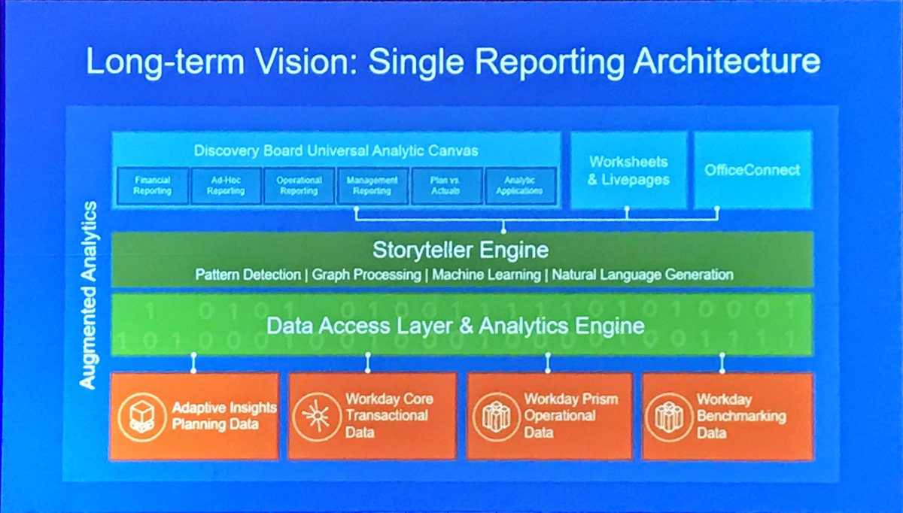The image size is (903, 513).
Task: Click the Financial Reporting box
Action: pos(152,186)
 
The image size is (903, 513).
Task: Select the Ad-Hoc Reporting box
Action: pos(226,186)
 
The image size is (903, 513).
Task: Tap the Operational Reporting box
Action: pos(299,186)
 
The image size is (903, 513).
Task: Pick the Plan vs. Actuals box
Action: pos(446,186)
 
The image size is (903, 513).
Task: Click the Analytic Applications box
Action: pos(519,186)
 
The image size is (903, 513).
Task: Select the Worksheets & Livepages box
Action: pos(628,171)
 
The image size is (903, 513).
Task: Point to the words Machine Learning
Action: pos(491,275)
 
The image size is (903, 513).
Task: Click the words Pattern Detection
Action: pos(248,275)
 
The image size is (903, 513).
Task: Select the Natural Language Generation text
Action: pos(643,275)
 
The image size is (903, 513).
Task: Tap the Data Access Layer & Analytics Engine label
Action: pos(456,326)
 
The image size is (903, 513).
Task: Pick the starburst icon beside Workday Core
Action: pos(316,415)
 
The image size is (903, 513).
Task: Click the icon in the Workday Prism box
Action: pos(496,415)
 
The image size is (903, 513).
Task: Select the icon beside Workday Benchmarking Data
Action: pos(668,415)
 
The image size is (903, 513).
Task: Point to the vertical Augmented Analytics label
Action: pos(88,294)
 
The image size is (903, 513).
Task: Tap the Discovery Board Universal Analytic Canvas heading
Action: pos(336,150)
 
